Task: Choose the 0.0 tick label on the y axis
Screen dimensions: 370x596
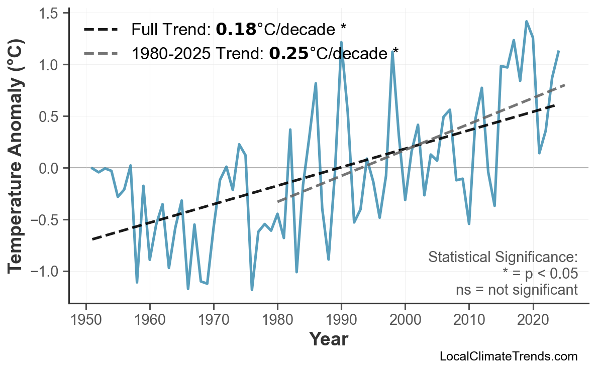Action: click(x=49, y=168)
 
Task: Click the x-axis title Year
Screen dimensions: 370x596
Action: click(x=328, y=340)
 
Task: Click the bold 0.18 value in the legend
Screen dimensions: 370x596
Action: click(x=236, y=30)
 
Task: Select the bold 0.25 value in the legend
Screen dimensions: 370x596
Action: click(x=288, y=53)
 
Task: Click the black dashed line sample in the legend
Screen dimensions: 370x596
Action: click(x=101, y=30)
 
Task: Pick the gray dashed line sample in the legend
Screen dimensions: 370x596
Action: click(x=101, y=53)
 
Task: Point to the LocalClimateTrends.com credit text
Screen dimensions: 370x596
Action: click(x=508, y=357)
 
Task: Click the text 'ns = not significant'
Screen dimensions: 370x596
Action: click(x=516, y=290)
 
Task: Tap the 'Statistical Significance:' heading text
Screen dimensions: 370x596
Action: click(x=503, y=258)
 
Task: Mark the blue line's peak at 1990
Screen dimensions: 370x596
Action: click(x=341, y=43)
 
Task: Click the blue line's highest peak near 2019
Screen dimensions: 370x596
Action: click(x=526, y=22)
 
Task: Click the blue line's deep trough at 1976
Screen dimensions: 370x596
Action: click(x=252, y=290)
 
